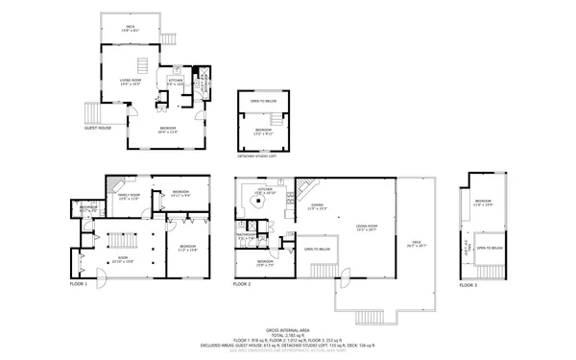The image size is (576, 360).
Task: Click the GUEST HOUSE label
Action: (98, 127)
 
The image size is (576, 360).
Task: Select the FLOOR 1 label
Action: (79, 284)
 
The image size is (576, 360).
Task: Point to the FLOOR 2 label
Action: (242, 284)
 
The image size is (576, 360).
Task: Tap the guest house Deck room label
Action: (131, 29)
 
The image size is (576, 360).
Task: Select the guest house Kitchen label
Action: (176, 83)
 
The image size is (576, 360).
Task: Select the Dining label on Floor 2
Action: (317, 206)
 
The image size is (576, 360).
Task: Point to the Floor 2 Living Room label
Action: (367, 228)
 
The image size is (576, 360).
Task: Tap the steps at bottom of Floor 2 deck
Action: (370, 318)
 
